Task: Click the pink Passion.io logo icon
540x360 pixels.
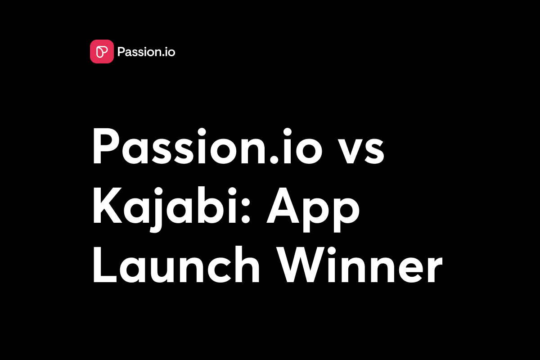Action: click(x=102, y=52)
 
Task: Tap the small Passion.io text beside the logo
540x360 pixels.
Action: click(x=146, y=52)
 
